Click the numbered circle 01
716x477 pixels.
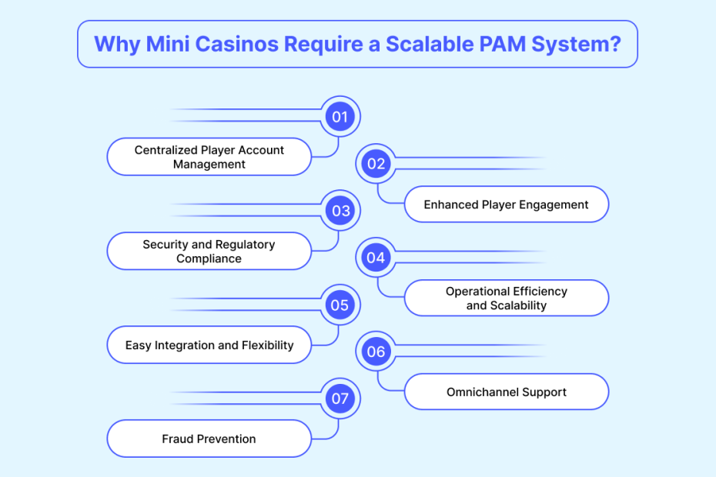pyautogui.click(x=340, y=117)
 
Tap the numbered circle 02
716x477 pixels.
pyautogui.click(x=376, y=164)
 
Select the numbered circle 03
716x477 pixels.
pyautogui.click(x=340, y=211)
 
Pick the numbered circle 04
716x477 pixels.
pyautogui.click(x=376, y=258)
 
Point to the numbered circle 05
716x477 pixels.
pyautogui.click(x=340, y=305)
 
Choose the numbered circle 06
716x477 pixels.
pyautogui.click(x=376, y=352)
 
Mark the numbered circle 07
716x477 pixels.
pyautogui.click(x=340, y=399)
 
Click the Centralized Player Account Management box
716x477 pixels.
pyautogui.click(x=209, y=157)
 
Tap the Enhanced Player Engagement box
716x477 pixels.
pyautogui.click(x=506, y=205)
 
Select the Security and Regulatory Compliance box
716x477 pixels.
pyautogui.click(x=209, y=252)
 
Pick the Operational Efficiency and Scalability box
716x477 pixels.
pyautogui.click(x=506, y=299)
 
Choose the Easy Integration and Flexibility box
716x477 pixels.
pyautogui.click(x=209, y=345)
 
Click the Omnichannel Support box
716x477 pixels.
pyautogui.click(x=506, y=392)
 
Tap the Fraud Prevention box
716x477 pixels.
pyautogui.click(x=209, y=439)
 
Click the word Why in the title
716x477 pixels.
pyautogui.click(x=116, y=44)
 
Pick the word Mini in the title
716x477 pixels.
pyautogui.click(x=165, y=44)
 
